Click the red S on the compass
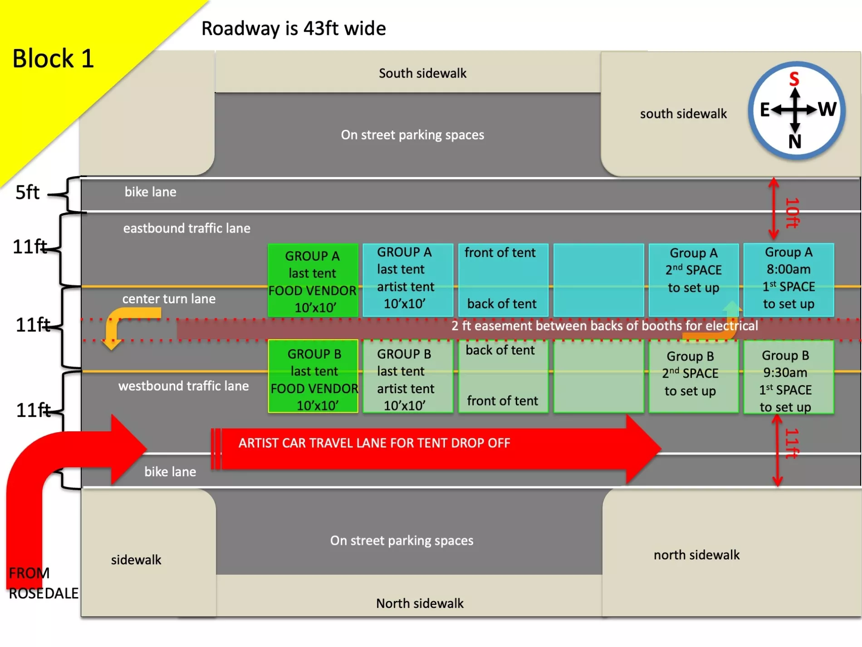[794, 79]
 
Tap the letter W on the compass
[828, 109]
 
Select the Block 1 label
[53, 59]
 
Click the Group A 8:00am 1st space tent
[789, 279]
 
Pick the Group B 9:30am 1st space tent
[789, 377]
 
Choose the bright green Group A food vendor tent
[313, 280]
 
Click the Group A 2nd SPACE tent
[693, 279]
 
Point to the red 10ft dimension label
[792, 212]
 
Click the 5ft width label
[27, 193]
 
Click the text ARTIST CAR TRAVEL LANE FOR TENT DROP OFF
[374, 443]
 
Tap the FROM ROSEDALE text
[43, 583]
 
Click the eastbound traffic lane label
[186, 228]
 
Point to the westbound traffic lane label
[183, 386]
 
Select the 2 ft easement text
[604, 326]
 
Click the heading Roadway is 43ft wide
[294, 29]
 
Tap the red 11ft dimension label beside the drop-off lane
[792, 443]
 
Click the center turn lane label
[169, 299]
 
